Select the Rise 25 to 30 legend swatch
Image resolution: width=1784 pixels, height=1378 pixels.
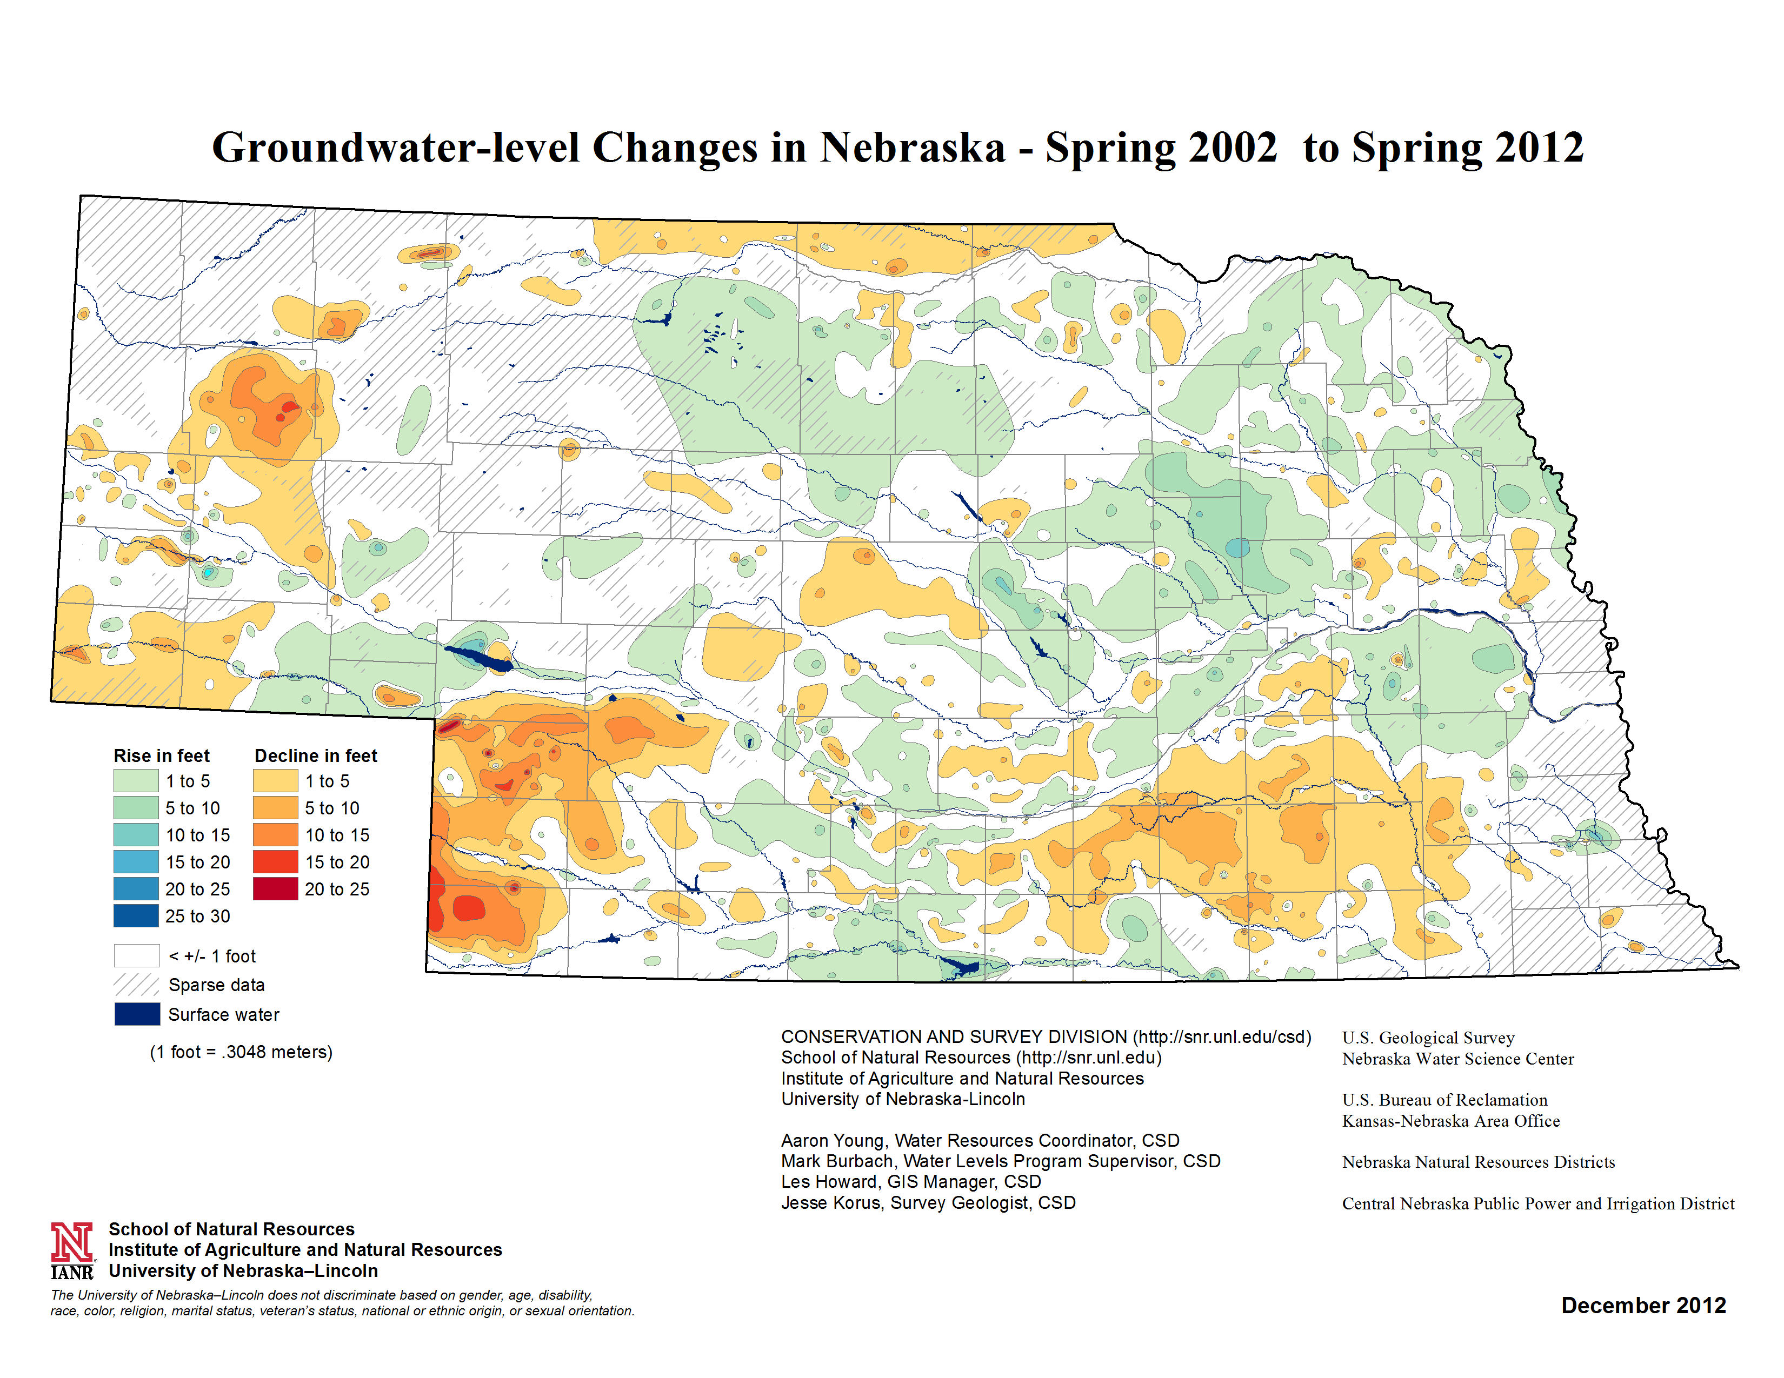136,916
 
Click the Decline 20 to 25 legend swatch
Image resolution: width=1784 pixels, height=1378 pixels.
275,889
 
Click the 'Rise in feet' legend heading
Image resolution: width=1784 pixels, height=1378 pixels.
161,756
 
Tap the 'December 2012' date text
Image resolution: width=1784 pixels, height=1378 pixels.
1643,1306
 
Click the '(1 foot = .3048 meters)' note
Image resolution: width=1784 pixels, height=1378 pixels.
241,1052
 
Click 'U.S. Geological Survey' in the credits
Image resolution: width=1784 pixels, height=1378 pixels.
1428,1038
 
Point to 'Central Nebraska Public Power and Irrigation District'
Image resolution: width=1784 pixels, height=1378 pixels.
1537,1203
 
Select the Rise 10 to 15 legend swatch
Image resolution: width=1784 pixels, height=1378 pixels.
136,835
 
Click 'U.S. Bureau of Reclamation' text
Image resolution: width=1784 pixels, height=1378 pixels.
1444,1100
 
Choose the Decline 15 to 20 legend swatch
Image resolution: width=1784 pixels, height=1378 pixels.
275,862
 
